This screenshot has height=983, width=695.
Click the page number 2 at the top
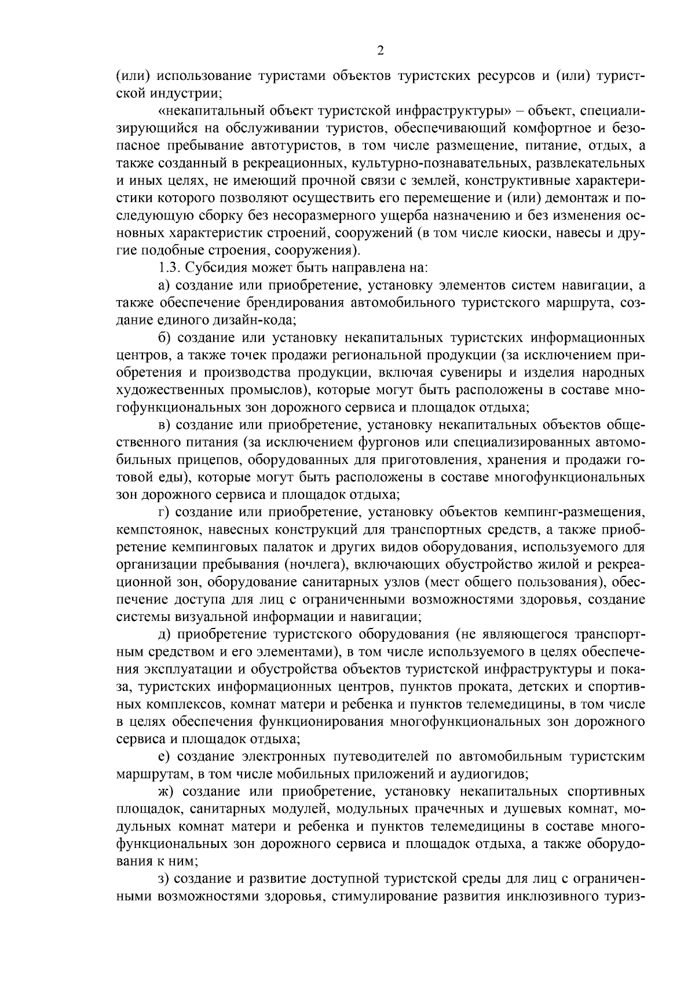point(380,51)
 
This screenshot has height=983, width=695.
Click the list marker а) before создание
point(164,285)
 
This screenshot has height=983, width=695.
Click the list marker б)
point(164,338)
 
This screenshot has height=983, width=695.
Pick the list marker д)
point(164,635)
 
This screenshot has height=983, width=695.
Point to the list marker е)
point(164,757)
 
